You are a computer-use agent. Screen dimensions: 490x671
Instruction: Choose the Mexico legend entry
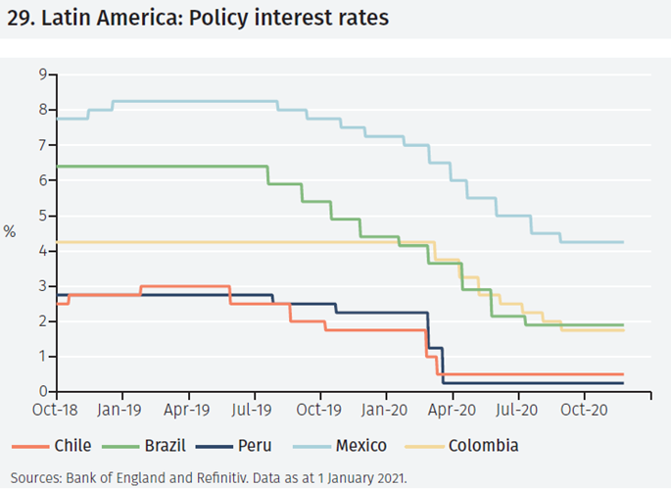click(x=361, y=446)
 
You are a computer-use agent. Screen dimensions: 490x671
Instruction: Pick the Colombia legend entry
click(x=483, y=446)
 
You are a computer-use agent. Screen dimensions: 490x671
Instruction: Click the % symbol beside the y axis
click(x=10, y=232)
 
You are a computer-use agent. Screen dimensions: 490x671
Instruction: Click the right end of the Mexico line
click(x=623, y=242)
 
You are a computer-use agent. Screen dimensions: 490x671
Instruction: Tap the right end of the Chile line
click(x=623, y=374)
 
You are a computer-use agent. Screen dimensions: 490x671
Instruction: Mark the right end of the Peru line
click(x=623, y=383)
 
